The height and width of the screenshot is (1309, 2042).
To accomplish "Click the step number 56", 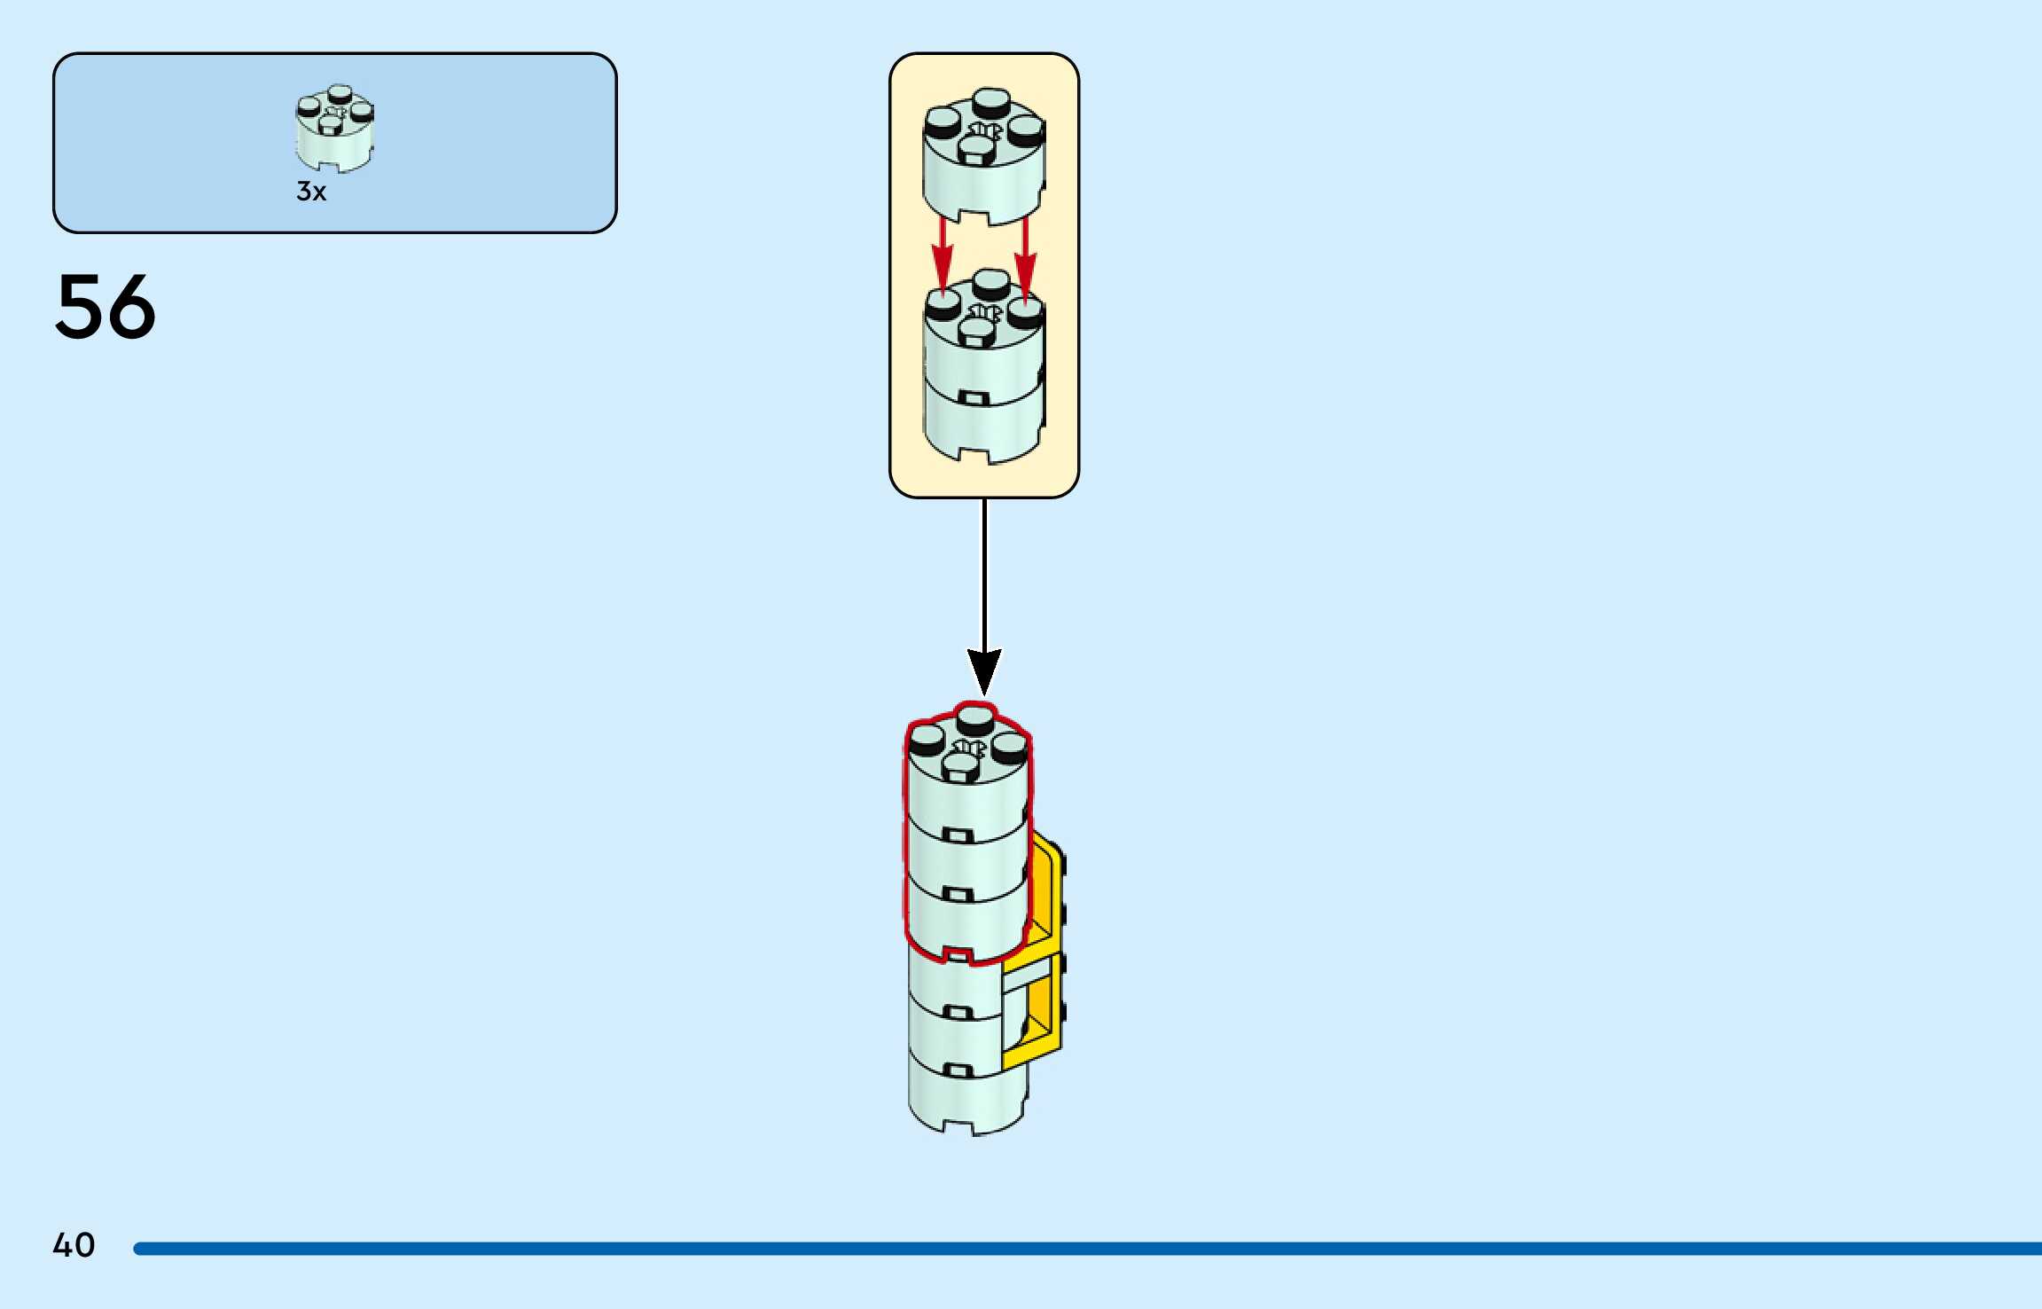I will pos(106,307).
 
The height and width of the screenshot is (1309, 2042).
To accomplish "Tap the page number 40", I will pos(74,1245).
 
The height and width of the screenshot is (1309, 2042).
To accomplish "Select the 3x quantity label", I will pos(311,192).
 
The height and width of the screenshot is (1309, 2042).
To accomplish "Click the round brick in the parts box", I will pos(334,129).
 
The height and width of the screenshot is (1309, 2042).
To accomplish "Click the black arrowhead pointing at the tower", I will pos(983,670).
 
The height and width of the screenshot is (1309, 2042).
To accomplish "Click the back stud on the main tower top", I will pos(975,717).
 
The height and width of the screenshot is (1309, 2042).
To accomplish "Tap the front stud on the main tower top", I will pos(958,764).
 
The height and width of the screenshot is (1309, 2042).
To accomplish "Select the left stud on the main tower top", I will pos(926,737).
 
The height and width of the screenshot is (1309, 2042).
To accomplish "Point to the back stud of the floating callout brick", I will pos(990,99).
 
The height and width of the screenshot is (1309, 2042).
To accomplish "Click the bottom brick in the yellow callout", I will pos(982,426).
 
